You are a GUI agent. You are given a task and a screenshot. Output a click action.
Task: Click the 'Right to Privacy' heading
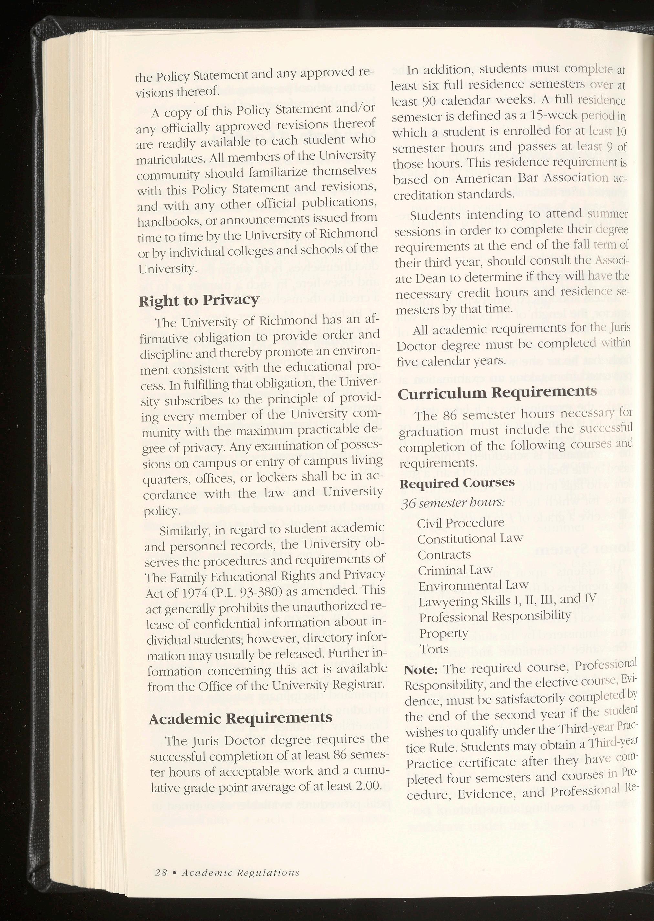[x=199, y=301]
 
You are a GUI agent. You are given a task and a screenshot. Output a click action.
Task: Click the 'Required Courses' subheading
[x=457, y=483]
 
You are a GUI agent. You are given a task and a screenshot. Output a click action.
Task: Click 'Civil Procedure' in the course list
[x=460, y=523]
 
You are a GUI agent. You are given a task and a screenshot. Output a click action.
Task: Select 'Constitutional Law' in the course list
[x=470, y=539]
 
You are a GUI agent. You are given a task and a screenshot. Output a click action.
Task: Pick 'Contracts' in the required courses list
[x=444, y=555]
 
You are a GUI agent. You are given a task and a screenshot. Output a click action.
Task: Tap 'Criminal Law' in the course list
[x=455, y=570]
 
